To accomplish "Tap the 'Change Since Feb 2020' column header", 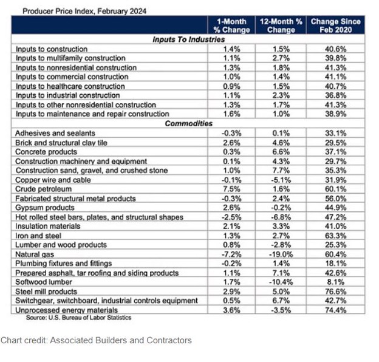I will point(336,25).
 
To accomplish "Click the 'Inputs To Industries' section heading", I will point(188,39).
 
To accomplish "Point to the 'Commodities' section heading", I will point(188,123).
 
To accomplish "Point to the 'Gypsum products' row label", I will point(44,208).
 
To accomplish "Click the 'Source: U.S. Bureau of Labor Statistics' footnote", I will point(78,317).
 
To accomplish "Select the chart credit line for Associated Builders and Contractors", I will point(96,340).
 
